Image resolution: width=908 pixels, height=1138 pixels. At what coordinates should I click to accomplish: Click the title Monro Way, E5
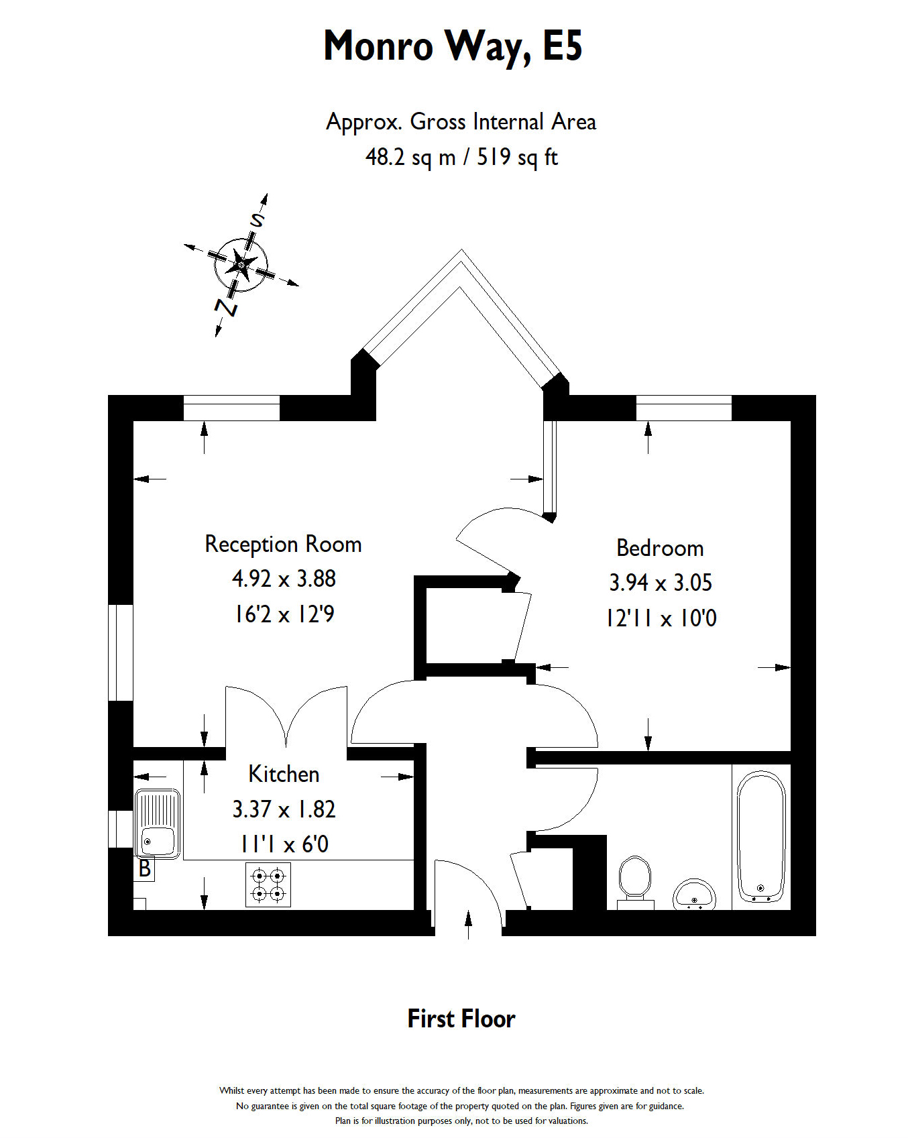pos(453,46)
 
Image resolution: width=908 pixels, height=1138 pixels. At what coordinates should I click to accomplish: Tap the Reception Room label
pos(283,544)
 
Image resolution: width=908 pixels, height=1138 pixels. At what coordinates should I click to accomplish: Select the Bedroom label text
pos(660,548)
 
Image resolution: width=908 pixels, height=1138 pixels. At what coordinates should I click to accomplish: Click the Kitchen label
pos(284,774)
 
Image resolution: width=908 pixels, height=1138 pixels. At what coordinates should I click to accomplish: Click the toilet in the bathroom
pos(634,880)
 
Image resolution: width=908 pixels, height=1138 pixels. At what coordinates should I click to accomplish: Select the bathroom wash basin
pos(694,895)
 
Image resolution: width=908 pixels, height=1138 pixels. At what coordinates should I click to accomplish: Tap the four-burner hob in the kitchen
pos(268,885)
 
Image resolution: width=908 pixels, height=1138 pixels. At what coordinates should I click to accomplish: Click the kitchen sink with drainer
pos(158,823)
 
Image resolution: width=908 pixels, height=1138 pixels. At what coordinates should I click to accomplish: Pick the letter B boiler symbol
pos(145,869)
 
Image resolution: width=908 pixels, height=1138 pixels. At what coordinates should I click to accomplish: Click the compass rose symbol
pos(241,264)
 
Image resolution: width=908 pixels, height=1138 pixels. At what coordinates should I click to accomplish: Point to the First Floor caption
pos(461,1019)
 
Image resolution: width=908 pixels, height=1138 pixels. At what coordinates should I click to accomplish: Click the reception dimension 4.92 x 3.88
pos(284,579)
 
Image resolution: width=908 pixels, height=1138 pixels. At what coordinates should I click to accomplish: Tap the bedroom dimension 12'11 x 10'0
pos(661,618)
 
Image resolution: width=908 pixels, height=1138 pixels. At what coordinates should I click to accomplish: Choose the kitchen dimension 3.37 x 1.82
pos(284,809)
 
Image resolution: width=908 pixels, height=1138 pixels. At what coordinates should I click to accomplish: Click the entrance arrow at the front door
pos(468,924)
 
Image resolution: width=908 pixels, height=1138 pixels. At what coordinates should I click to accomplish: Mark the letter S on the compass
pos(258,219)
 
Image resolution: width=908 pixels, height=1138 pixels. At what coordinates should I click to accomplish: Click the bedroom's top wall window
pos(683,408)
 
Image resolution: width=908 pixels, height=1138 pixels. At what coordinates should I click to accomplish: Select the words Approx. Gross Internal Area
pos(461,122)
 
